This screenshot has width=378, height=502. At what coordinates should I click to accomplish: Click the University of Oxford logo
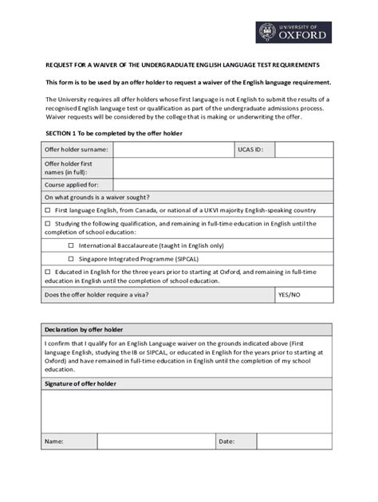point(293,33)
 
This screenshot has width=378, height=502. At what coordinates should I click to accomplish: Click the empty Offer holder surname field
point(172,149)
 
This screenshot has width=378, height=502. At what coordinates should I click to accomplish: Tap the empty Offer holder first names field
point(222,167)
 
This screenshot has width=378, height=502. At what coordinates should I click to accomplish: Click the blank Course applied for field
point(222,185)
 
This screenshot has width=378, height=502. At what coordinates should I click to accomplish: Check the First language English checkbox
point(48,210)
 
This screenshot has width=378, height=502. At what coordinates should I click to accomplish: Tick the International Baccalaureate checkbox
point(71,246)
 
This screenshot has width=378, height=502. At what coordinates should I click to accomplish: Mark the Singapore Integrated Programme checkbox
point(71,259)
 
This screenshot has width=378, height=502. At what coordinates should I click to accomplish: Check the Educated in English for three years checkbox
point(48,272)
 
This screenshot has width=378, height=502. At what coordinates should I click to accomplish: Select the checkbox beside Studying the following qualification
point(48,224)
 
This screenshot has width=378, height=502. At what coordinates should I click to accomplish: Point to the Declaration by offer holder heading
point(84,330)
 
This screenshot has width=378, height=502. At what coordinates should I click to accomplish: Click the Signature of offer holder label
point(81,384)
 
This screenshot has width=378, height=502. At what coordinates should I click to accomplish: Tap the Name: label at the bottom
point(54,441)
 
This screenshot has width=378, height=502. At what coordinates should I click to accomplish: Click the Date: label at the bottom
point(227,441)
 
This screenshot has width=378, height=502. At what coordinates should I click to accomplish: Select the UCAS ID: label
point(250,149)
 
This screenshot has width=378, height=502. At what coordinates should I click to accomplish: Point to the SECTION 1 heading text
point(114,133)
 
